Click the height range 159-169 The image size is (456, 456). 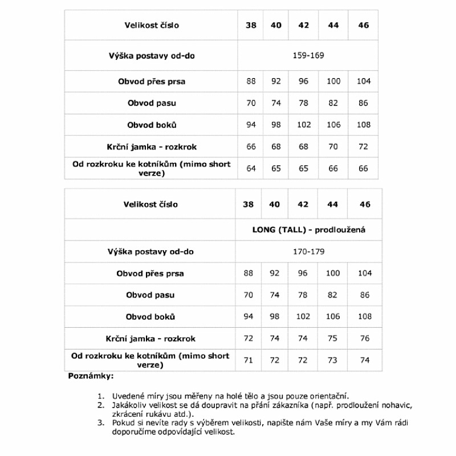(x=308, y=55)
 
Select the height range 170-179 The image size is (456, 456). (x=308, y=251)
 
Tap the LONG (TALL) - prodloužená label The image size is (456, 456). (x=308, y=230)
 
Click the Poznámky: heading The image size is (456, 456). (x=91, y=376)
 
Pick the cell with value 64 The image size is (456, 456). (x=251, y=168)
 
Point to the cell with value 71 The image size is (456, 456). (x=248, y=360)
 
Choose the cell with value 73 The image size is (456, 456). (x=333, y=360)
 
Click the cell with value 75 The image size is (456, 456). (x=333, y=338)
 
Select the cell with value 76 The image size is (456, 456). (x=365, y=338)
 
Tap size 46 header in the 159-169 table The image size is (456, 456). (x=364, y=25)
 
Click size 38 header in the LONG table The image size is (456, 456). (x=248, y=204)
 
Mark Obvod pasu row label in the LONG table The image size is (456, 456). (x=150, y=295)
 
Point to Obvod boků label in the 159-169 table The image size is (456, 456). (x=152, y=125)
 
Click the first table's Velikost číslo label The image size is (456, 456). (x=152, y=25)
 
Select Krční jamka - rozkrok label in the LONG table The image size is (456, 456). (x=150, y=338)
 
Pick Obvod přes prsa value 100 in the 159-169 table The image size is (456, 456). (x=333, y=82)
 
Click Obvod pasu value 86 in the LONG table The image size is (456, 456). (x=365, y=295)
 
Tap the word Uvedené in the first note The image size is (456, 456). (x=128, y=396)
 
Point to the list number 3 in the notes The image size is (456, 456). (x=101, y=423)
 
